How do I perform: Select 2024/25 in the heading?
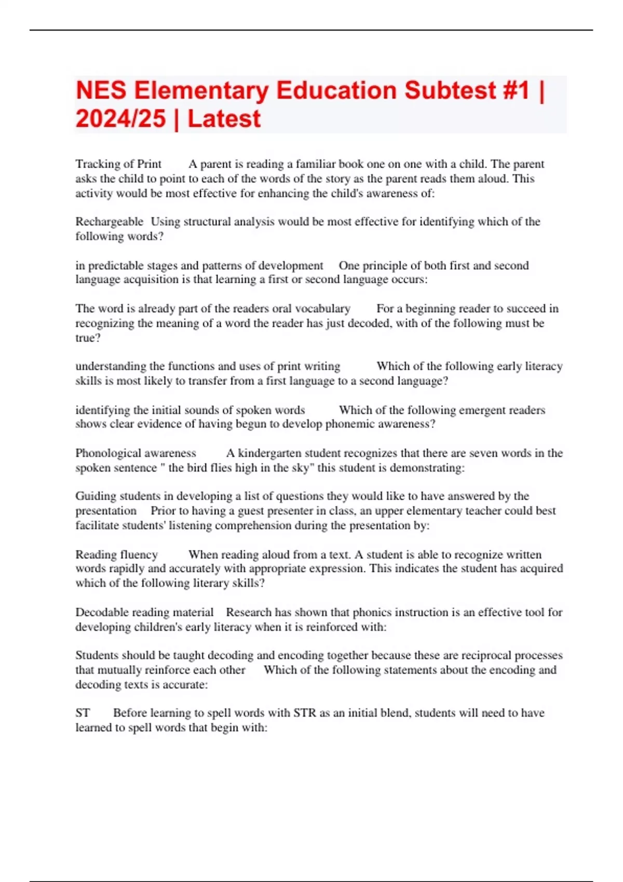120,119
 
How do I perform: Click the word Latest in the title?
224,119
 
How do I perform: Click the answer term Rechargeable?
109,222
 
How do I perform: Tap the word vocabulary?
322,309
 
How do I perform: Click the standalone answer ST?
83,713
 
